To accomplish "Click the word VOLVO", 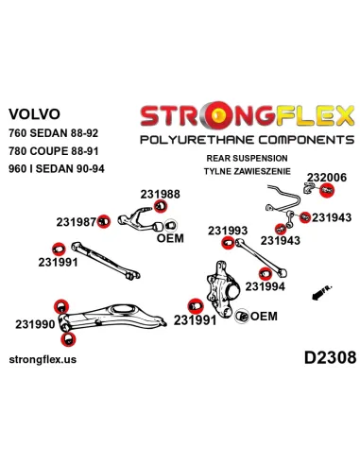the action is tap(34, 114).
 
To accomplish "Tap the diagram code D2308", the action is tap(330, 358).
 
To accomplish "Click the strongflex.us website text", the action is tap(43, 359).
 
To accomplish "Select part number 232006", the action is tap(327, 178).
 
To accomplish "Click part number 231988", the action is tap(160, 194).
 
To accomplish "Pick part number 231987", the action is tap(76, 222).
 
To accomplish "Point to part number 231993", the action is tap(228, 231).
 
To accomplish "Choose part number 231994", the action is tap(265, 286).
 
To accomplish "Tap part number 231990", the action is tap(35, 324).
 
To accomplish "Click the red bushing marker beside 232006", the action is tap(327, 190).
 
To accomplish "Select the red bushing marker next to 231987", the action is tap(104, 221).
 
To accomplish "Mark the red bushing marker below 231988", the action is tap(161, 206).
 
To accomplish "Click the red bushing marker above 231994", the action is tap(266, 273).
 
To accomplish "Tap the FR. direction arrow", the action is tap(321, 293).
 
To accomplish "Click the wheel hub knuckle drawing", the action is tap(223, 289).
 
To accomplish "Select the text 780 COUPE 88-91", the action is tap(54, 151).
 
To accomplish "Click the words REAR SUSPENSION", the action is tap(247, 158).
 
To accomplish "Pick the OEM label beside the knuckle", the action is tap(264, 316).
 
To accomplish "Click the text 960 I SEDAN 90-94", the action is tap(57, 169).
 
